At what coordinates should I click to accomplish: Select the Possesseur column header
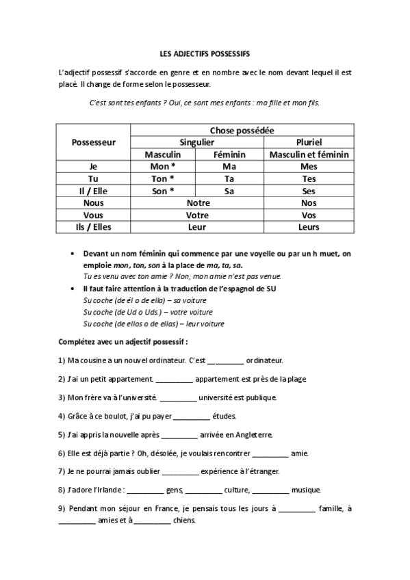(93, 142)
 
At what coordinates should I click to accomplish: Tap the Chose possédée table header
(242, 130)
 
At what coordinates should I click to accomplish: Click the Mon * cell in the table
(162, 166)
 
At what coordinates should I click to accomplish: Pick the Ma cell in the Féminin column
(229, 166)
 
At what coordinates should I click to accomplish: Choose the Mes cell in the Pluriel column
(309, 166)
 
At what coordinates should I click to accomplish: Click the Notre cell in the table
(196, 203)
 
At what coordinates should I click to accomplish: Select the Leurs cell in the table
(309, 227)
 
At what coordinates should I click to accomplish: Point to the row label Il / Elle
(93, 191)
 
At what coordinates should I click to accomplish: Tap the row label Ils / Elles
(93, 227)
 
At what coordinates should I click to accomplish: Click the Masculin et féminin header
(309, 155)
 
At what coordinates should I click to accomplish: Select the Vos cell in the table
(309, 215)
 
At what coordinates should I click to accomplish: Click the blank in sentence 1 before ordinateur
(225, 360)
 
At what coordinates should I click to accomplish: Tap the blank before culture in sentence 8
(203, 490)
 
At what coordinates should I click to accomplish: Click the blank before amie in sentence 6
(270, 453)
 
